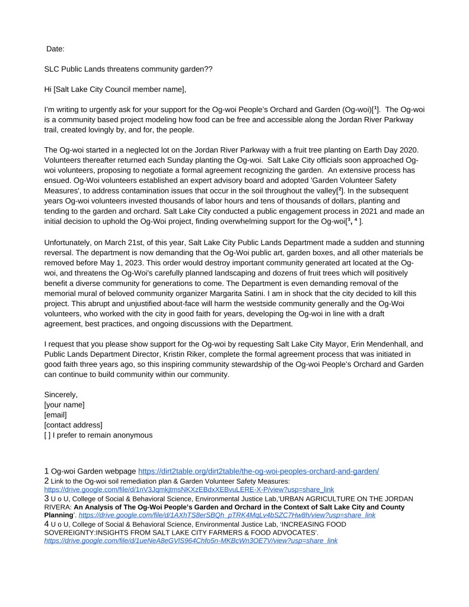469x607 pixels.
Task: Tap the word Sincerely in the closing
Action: click(61, 395)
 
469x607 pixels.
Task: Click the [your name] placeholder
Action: click(64, 405)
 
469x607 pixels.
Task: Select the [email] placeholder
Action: click(55, 415)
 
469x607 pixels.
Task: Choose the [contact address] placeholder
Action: click(73, 425)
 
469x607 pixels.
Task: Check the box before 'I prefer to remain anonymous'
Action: click(47, 435)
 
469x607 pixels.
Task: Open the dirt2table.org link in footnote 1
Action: click(259, 471)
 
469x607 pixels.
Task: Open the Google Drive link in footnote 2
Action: click(189, 490)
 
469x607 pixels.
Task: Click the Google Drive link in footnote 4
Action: click(191, 541)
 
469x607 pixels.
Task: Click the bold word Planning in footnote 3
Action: click(58, 516)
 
